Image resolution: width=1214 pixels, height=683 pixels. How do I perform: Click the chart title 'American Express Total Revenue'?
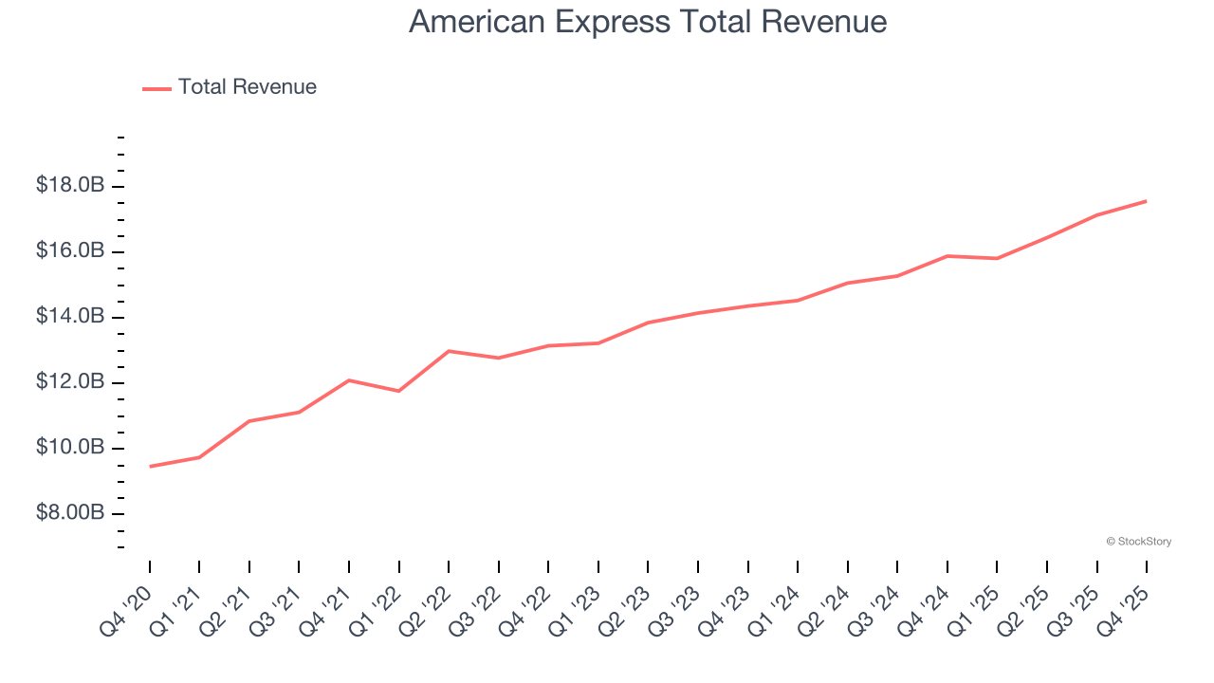pyautogui.click(x=648, y=22)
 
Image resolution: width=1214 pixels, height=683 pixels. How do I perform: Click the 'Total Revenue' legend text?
pyautogui.click(x=247, y=87)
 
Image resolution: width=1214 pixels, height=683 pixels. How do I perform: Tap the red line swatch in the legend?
pyautogui.click(x=156, y=88)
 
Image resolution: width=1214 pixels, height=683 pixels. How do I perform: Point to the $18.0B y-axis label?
pyautogui.click(x=70, y=186)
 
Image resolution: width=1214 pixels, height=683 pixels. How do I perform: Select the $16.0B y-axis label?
pyautogui.click(x=70, y=251)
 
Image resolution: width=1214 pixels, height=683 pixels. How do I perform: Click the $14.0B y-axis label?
pyautogui.click(x=70, y=317)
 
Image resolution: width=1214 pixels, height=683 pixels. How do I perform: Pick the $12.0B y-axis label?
pyautogui.click(x=70, y=382)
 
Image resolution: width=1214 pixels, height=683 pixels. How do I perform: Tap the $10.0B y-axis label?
pyautogui.click(x=70, y=448)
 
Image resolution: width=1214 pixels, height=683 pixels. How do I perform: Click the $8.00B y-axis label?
pyautogui.click(x=70, y=513)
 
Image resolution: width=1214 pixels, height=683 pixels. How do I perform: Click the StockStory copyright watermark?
pyautogui.click(x=1138, y=542)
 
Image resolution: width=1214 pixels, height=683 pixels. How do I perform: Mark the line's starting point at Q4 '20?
pyautogui.click(x=150, y=466)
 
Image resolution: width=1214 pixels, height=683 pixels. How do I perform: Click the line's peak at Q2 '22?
pyautogui.click(x=449, y=351)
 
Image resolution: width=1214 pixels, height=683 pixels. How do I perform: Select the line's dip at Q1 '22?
pyautogui.click(x=399, y=391)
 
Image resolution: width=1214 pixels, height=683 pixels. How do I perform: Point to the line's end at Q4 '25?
pyautogui.click(x=1146, y=201)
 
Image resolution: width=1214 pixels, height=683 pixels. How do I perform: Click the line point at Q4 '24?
pyautogui.click(x=947, y=256)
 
